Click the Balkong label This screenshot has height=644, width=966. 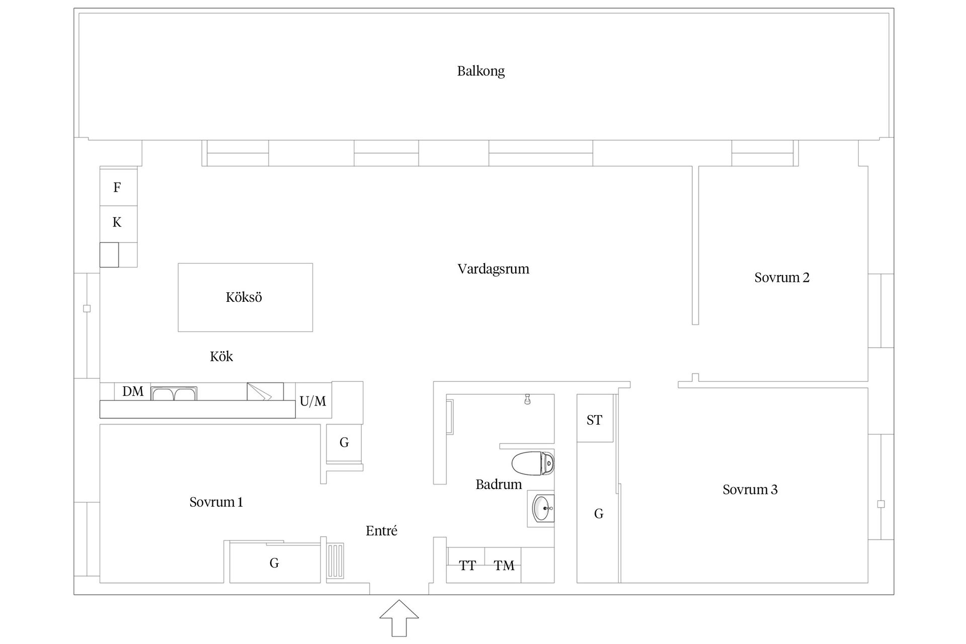(480, 71)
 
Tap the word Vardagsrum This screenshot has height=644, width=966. (493, 269)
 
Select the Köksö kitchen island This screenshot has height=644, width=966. (245, 297)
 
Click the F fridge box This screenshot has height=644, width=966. (118, 187)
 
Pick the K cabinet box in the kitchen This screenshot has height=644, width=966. (118, 222)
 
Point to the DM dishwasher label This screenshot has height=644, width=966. (133, 391)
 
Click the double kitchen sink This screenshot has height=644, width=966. (174, 393)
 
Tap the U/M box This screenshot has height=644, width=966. (313, 401)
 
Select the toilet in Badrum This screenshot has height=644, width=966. (533, 463)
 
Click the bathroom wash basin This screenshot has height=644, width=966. (542, 508)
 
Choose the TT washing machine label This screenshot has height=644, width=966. (467, 566)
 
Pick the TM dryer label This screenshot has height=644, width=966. (504, 566)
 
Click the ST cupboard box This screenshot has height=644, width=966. (594, 420)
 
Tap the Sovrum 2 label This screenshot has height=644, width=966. (781, 277)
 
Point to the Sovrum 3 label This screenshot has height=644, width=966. (750, 489)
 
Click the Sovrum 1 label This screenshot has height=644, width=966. (216, 502)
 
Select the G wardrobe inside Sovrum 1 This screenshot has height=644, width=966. (274, 562)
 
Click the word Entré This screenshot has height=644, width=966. (381, 530)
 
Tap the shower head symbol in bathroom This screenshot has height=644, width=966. (527, 399)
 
